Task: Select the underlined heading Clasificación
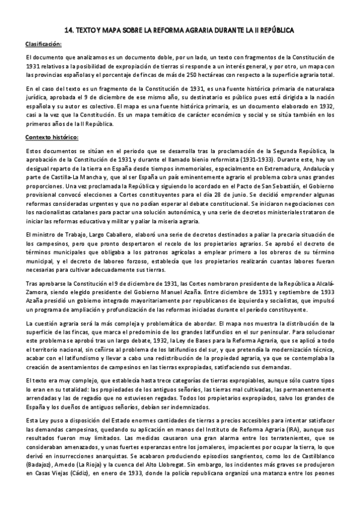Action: pos(44,44)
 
